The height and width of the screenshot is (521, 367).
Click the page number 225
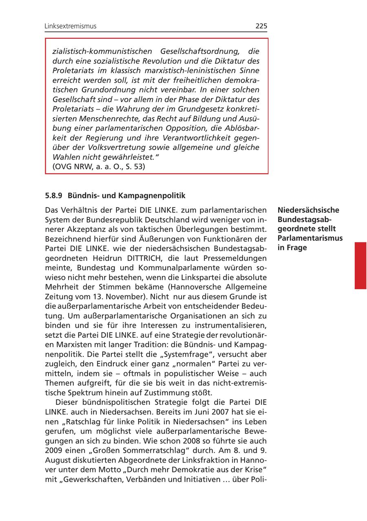coord(261,26)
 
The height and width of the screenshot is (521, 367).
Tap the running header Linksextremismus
coord(71,26)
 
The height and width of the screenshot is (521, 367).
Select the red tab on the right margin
coord(360,265)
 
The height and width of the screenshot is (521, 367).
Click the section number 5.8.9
coord(53,196)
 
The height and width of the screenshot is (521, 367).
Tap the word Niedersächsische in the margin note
coord(308,210)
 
